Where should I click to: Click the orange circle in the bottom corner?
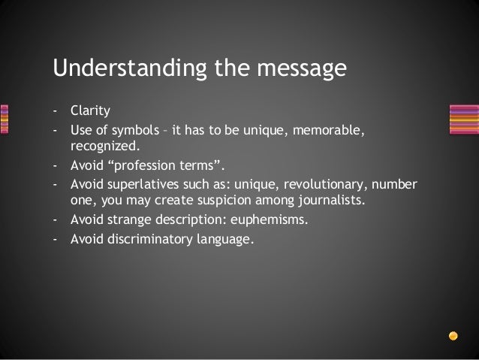[x=452, y=336]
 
